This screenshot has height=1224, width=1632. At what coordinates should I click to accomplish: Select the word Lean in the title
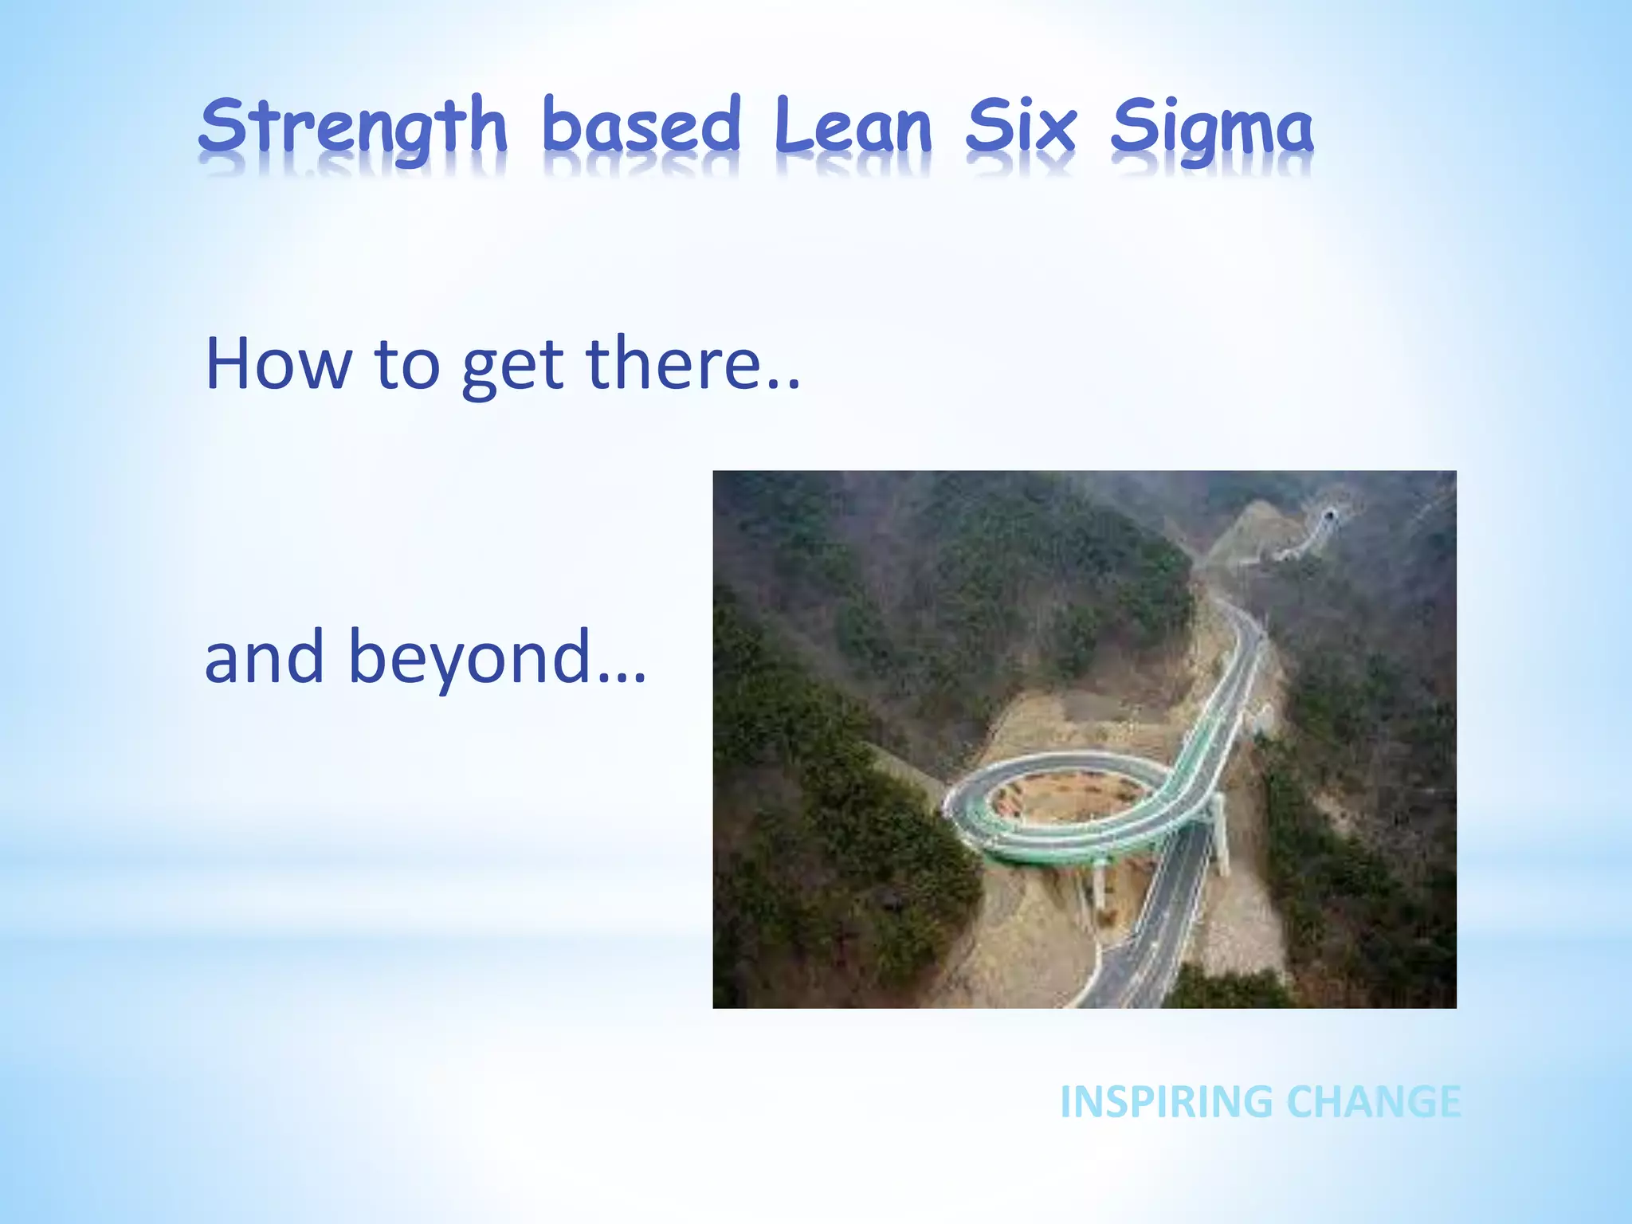[x=853, y=126]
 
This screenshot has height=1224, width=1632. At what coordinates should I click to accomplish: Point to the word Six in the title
[x=1021, y=126]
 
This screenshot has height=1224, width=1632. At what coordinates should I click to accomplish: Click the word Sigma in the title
[x=1211, y=127]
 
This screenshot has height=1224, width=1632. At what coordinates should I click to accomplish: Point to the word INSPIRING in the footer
[x=1167, y=1102]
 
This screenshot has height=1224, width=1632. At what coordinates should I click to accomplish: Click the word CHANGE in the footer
[x=1374, y=1102]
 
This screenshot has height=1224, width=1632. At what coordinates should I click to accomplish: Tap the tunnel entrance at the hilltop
[x=1328, y=516]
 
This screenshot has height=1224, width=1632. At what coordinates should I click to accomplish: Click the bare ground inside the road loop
[x=1060, y=797]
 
